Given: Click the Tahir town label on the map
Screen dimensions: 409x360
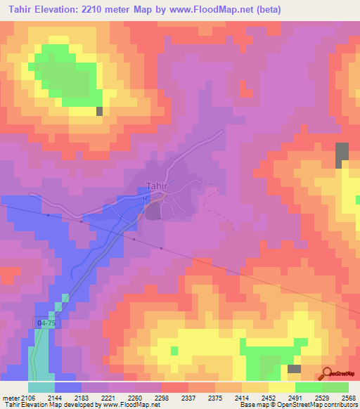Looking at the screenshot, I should (157, 186).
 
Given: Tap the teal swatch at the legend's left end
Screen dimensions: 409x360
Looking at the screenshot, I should (41, 387).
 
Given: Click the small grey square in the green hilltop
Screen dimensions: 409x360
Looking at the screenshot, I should (99, 110).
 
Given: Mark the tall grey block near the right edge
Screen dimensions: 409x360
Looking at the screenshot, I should (342, 154).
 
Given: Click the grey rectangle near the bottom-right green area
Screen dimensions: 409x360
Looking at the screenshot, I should (294, 368).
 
